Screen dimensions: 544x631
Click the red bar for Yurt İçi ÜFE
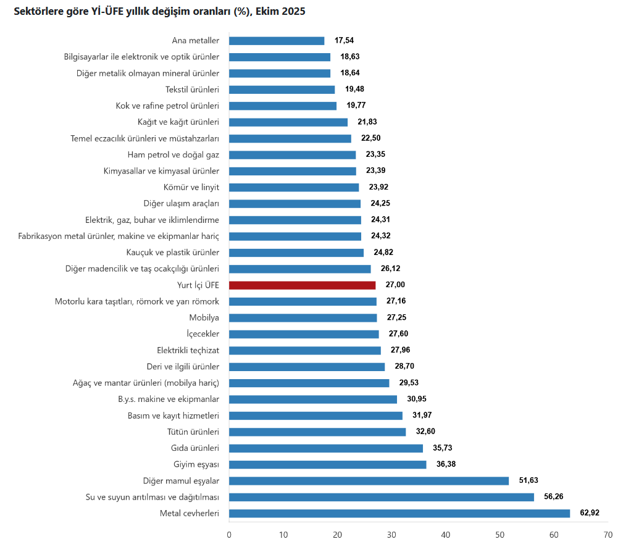(302, 285)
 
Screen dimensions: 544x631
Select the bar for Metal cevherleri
(399, 513)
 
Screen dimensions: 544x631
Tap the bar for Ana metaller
(277, 41)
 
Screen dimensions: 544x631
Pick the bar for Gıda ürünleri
(326, 448)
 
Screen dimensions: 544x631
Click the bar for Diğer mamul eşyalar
(369, 480)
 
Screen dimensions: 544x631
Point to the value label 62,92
(590, 513)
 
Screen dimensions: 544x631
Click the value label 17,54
(344, 40)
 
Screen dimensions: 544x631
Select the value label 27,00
(395, 285)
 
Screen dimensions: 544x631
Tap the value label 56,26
(553, 496)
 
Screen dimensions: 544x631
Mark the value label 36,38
(446, 464)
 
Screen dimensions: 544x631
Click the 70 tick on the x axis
(608, 534)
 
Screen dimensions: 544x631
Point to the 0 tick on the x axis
(229, 534)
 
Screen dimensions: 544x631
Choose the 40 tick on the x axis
(446, 534)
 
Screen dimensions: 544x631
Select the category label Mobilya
(204, 317)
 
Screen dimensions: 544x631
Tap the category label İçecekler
(203, 334)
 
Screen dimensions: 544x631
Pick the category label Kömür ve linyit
(193, 187)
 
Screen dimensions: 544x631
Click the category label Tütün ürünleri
(193, 432)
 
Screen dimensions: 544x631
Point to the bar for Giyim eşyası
(327, 464)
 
